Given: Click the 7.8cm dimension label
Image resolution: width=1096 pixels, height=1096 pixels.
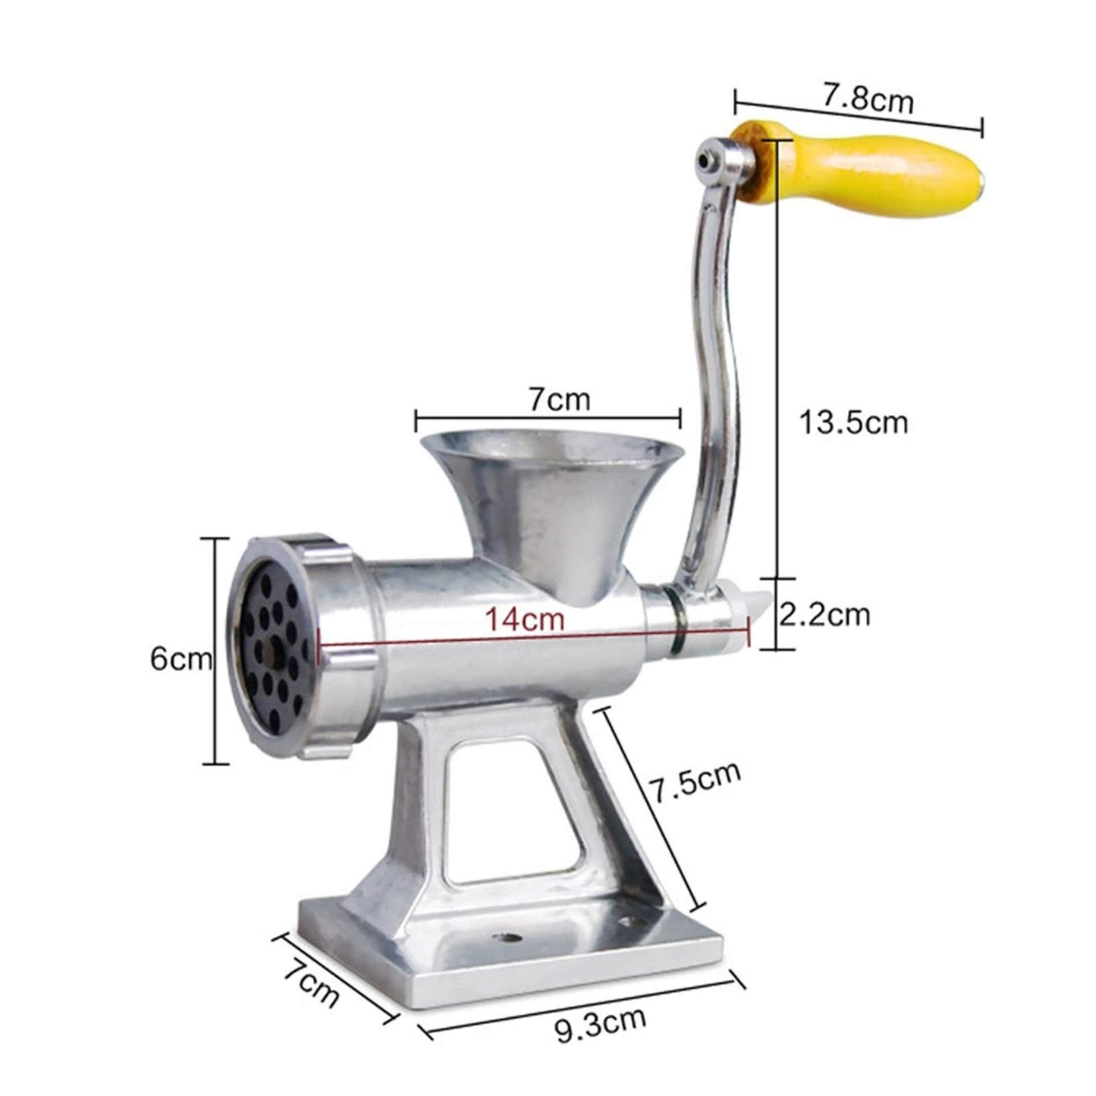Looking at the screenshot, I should (x=868, y=99).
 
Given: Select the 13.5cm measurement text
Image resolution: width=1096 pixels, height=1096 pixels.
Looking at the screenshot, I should (x=853, y=422).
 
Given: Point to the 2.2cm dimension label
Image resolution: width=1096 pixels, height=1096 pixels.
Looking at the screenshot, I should (x=825, y=614).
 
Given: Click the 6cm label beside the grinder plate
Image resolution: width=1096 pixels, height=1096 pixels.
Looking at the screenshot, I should (x=180, y=658).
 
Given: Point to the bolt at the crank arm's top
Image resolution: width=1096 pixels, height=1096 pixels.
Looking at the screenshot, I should (x=708, y=159).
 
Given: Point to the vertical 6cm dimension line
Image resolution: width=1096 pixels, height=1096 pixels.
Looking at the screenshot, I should (x=217, y=651).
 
